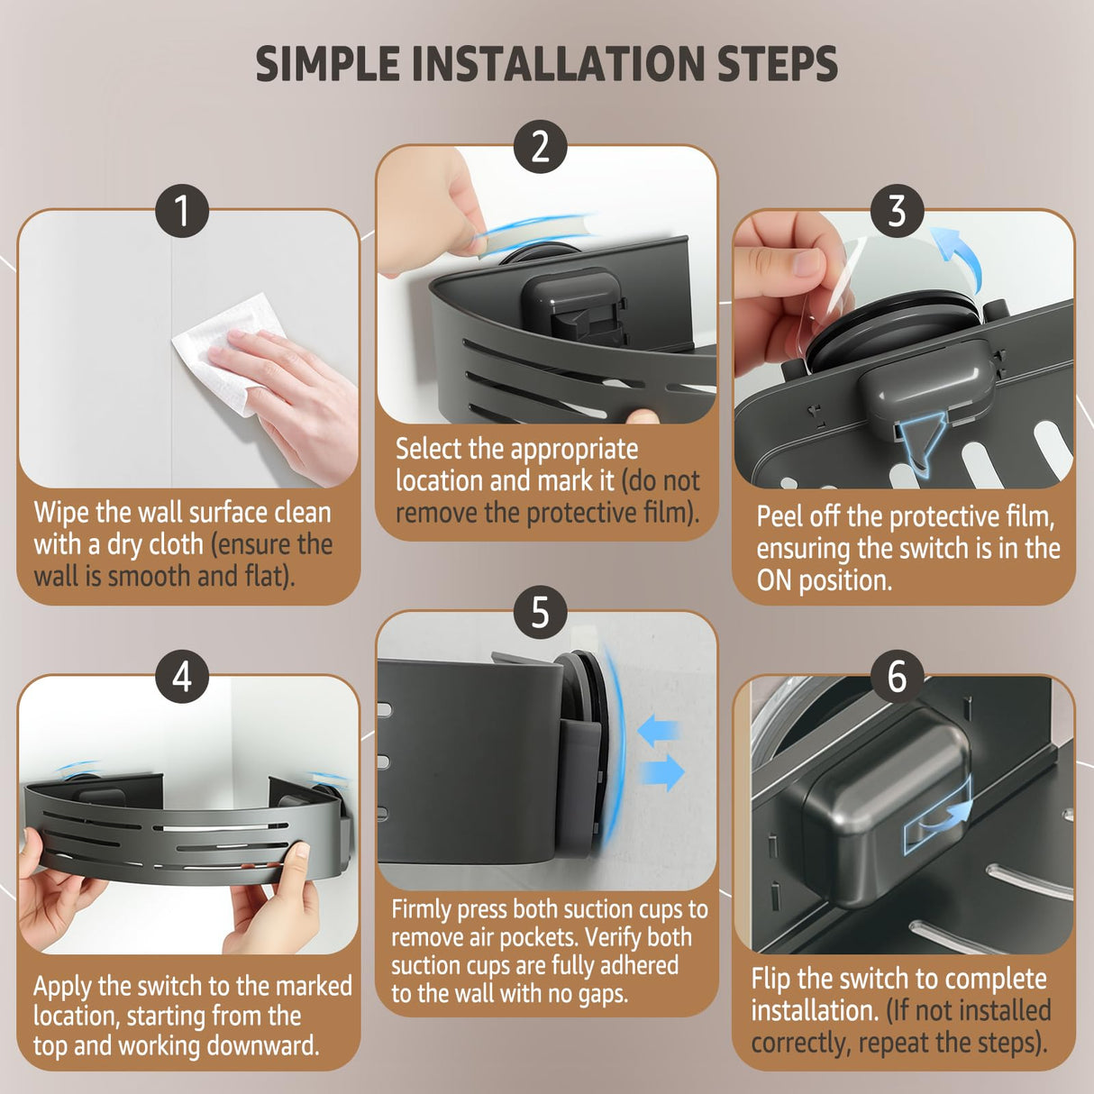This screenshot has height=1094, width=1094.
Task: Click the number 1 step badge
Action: pyautogui.click(x=182, y=211)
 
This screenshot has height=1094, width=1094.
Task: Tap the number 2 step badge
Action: pyautogui.click(x=540, y=147)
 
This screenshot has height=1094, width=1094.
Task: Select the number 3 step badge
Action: pyautogui.click(x=897, y=211)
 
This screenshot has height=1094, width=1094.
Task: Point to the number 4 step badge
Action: pyautogui.click(x=182, y=676)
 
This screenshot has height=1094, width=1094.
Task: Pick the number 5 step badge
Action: pyautogui.click(x=540, y=612)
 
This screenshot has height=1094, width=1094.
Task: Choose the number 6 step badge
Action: pyautogui.click(x=897, y=676)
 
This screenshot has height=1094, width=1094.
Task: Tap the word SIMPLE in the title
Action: pyautogui.click(x=327, y=64)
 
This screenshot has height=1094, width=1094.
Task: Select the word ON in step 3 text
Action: pyautogui.click(x=774, y=580)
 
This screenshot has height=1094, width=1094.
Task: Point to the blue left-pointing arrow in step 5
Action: pyautogui.click(x=659, y=731)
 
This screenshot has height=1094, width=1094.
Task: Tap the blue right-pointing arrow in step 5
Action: pyautogui.click(x=662, y=772)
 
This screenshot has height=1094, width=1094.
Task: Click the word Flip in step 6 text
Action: pyautogui.click(x=770, y=980)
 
